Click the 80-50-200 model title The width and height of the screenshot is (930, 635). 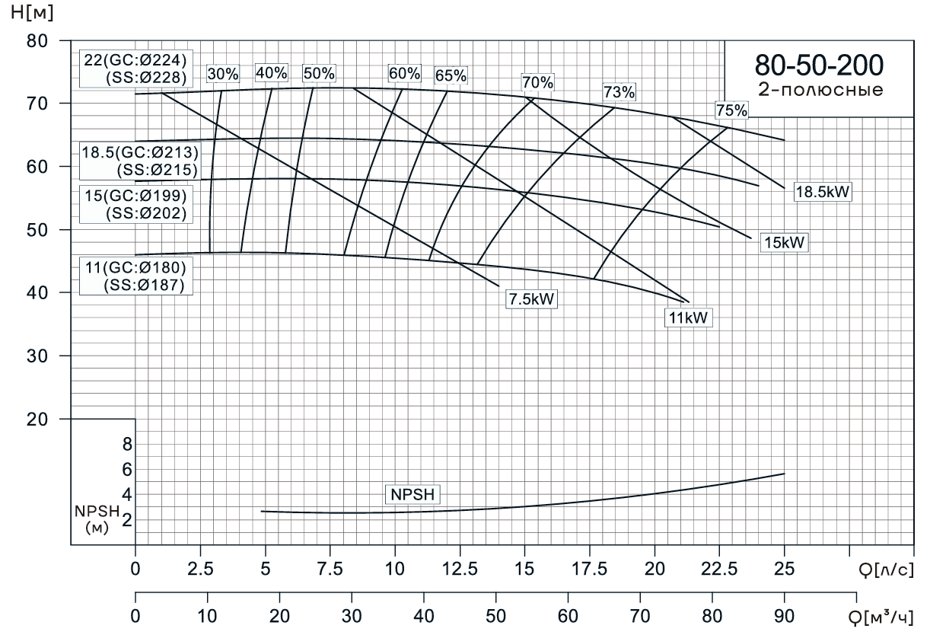(819, 65)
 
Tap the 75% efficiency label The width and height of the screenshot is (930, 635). (731, 110)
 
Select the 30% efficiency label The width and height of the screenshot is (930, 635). (223, 74)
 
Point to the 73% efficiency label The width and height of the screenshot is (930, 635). (619, 92)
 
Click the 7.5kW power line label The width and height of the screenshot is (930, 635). (531, 299)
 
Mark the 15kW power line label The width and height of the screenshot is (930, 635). (783, 243)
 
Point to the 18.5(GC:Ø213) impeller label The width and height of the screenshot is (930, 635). (140, 152)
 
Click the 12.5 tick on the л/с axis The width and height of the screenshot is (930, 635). (459, 567)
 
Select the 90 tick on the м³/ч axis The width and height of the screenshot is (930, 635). (784, 616)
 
